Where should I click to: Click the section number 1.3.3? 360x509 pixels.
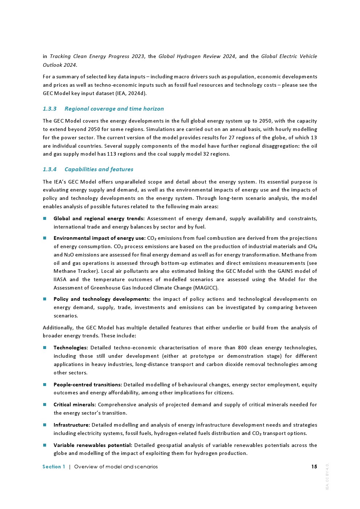[x=50, y=109]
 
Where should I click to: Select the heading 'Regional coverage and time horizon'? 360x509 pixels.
[x=114, y=109]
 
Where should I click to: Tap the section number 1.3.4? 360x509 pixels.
[x=50, y=169]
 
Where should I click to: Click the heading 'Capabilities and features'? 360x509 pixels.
[x=99, y=169]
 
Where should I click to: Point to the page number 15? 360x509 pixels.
[x=314, y=467]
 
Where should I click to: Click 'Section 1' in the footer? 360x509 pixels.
[x=54, y=467]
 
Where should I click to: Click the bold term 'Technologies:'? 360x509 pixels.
[x=71, y=348]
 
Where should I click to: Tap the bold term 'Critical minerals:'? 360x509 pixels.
[x=75, y=405]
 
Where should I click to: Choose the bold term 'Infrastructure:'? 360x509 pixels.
[x=72, y=425]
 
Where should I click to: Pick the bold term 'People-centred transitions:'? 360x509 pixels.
[x=88, y=385]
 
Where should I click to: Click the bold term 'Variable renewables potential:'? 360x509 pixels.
[x=93, y=445]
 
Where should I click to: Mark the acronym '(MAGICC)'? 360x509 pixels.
[x=206, y=288]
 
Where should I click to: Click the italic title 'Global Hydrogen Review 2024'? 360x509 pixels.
[x=197, y=56]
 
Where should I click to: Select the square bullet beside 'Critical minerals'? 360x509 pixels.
[x=45, y=405]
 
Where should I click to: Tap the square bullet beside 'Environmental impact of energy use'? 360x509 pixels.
[x=45, y=238]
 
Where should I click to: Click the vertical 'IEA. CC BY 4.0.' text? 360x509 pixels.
[x=327, y=477]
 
